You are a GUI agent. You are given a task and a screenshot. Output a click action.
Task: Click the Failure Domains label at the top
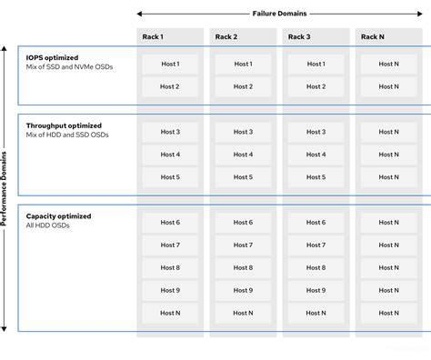click(x=279, y=13)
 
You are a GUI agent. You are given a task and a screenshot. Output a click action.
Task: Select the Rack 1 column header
click(x=152, y=37)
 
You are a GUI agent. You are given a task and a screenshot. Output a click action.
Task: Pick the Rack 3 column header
click(x=298, y=37)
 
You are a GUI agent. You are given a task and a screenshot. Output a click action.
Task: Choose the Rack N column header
click(x=372, y=37)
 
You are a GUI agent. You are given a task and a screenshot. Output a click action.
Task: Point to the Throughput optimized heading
click(x=64, y=125)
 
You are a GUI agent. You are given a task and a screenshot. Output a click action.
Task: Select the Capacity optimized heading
click(x=58, y=216)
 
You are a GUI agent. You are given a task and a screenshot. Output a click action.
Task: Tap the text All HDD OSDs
click(x=47, y=226)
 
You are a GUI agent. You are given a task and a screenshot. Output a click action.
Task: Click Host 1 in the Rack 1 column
click(x=170, y=64)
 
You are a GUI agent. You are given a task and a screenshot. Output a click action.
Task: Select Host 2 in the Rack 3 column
click(x=316, y=86)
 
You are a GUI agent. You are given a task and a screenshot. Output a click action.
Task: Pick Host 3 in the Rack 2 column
click(x=243, y=132)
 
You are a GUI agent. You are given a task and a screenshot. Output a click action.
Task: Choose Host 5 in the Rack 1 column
click(x=170, y=177)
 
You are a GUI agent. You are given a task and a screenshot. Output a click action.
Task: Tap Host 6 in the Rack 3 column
click(x=316, y=223)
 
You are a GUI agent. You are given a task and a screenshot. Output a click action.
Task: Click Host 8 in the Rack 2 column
click(x=243, y=268)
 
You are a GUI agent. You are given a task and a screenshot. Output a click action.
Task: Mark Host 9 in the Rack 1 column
click(x=170, y=291)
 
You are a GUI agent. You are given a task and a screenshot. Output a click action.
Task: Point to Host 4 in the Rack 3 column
click(x=316, y=155)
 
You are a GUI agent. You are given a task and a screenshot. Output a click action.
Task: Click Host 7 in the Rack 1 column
click(x=170, y=245)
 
